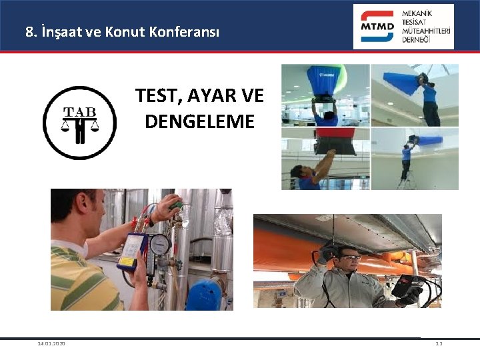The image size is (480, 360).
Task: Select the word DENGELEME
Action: [199, 121]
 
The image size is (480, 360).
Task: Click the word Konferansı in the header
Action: [186, 31]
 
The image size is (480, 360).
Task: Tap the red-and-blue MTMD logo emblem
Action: [377, 27]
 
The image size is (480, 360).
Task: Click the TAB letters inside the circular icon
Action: [79, 112]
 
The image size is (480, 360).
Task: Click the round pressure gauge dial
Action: [160, 245]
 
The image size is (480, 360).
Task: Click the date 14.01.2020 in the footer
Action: [51, 344]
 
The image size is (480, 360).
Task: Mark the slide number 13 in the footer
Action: [439, 344]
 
